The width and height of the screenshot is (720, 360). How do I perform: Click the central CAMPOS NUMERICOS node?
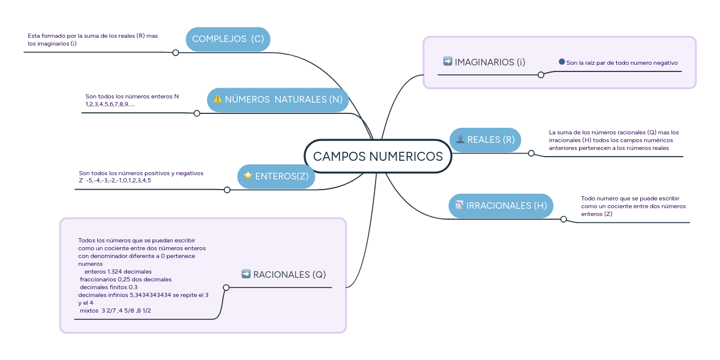378,157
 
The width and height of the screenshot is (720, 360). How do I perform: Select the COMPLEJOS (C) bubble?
228,39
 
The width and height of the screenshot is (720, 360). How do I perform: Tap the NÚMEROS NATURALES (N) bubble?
278,100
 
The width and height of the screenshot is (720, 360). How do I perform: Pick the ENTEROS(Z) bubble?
277,176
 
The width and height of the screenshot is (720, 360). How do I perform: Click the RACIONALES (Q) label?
289,275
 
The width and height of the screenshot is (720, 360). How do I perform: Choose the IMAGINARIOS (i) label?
490,62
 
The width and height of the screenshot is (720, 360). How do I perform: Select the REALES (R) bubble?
485,140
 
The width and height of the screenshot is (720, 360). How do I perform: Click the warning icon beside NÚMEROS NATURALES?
218,99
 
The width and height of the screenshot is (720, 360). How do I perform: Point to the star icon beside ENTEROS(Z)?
248,176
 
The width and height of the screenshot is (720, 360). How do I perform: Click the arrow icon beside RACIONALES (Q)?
246,274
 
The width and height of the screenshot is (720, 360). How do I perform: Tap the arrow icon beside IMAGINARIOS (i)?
448,61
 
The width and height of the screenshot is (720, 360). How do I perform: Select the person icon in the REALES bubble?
460,140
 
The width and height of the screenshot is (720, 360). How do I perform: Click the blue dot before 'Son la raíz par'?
562,62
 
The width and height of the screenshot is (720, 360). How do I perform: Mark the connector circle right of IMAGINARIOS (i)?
541,75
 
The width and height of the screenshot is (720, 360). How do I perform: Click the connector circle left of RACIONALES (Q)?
226,287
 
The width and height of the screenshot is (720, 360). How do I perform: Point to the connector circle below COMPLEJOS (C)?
176,53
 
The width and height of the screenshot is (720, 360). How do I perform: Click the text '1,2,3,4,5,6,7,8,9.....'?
110,104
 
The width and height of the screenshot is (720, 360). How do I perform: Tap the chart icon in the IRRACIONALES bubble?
459,205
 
